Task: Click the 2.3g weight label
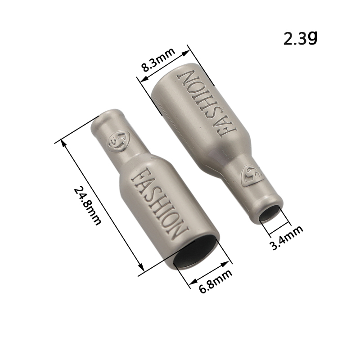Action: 300,38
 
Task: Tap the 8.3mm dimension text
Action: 158,60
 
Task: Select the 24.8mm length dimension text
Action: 87,206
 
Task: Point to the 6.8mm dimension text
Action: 216,281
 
